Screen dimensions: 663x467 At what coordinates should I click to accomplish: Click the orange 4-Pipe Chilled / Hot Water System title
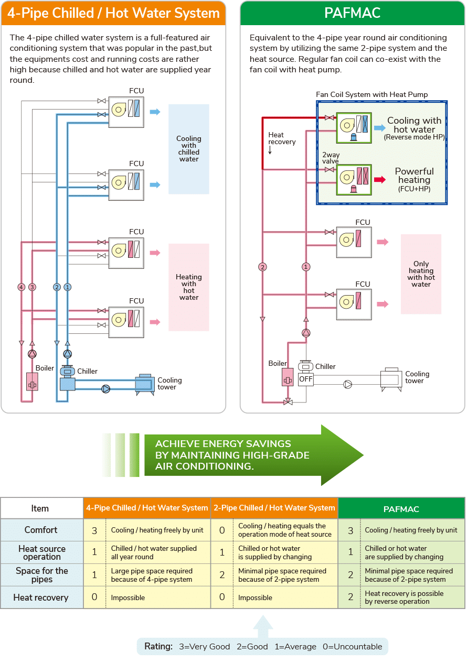[x=113, y=14]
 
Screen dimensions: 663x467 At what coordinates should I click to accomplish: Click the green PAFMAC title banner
[x=352, y=14]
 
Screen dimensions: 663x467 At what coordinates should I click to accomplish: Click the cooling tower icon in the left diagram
[x=145, y=385]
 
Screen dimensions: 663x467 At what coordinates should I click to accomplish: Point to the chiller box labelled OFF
[x=306, y=379]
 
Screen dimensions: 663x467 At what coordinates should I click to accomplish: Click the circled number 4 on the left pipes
[x=21, y=287]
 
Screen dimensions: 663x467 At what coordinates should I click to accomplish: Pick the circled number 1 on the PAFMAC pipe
[x=306, y=267]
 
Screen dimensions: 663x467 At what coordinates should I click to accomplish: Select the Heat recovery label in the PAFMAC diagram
[x=282, y=138]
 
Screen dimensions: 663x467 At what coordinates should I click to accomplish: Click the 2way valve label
[x=331, y=158]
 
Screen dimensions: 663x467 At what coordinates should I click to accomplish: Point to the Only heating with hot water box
[x=421, y=274]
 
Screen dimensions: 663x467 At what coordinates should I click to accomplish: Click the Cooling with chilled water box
[x=189, y=149]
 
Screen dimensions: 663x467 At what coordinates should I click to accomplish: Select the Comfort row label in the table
[x=41, y=530]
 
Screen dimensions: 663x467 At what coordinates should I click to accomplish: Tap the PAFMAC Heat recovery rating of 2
[x=351, y=597]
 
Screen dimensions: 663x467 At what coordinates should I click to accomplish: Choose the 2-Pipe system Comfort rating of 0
[x=222, y=530]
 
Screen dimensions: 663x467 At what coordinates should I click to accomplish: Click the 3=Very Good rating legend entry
[x=205, y=646]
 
